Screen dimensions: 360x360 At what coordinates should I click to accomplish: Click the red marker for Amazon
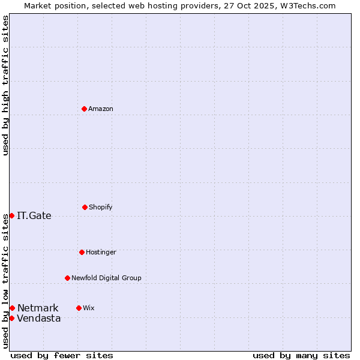pos(84,109)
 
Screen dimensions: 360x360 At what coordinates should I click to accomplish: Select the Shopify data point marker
pos(85,207)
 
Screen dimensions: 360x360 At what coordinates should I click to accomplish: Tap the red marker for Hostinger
pos(82,252)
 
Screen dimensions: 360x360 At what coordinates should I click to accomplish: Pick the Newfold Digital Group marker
pos(67,278)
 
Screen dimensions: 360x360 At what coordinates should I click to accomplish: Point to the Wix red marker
pos(79,308)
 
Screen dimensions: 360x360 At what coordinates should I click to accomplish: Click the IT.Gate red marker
pos(11,215)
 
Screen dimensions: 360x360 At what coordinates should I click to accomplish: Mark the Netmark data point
pos(12,308)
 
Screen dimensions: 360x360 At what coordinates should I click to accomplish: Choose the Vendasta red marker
pos(11,318)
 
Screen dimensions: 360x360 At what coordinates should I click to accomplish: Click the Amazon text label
pos(101,109)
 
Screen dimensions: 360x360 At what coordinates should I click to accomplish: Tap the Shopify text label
pos(101,208)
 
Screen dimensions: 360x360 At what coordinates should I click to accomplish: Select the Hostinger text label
pos(101,253)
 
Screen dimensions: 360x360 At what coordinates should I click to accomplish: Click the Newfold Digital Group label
pos(106,278)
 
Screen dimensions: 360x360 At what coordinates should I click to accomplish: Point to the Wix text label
pos(89,308)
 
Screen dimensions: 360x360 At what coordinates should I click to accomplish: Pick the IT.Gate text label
pos(34,216)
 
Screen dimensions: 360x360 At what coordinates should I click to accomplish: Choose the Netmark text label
pos(38,308)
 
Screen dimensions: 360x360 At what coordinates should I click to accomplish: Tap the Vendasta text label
pos(39,319)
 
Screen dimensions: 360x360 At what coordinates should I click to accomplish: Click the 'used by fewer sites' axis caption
pos(62,355)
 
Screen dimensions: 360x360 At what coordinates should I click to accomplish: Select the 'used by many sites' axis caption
pos(301,355)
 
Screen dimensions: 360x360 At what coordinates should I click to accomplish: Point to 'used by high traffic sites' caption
pos(5,85)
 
